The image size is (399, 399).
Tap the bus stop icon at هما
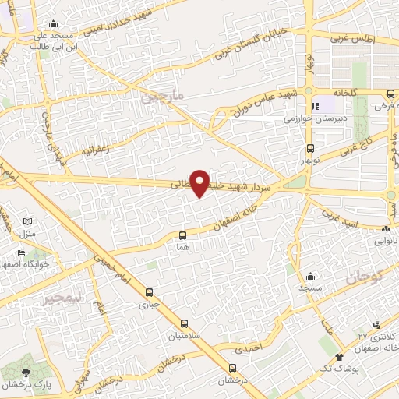point(182,235)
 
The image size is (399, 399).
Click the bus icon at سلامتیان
point(184,323)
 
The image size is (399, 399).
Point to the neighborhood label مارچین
point(161,97)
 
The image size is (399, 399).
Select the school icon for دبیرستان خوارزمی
point(314,106)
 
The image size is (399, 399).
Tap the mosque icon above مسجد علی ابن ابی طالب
point(52,24)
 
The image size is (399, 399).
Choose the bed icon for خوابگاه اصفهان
point(22,253)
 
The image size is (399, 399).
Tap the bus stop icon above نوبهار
point(311,147)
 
